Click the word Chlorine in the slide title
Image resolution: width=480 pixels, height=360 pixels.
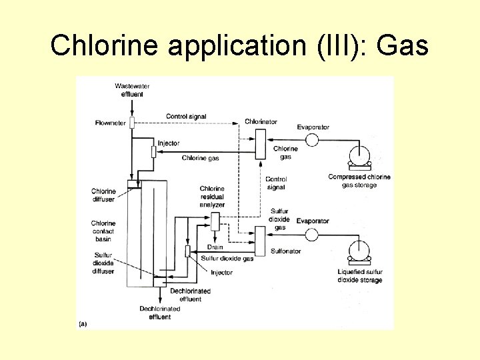[x=106, y=45]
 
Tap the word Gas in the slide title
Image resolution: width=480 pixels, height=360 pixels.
[x=403, y=45]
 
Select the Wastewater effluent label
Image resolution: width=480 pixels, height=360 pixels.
[x=132, y=90]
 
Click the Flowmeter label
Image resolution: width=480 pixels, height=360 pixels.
[x=111, y=123]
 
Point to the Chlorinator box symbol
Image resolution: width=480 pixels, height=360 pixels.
[x=260, y=143]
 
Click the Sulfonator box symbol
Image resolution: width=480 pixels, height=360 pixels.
[x=260, y=239]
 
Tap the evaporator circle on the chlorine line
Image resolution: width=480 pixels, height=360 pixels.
[x=311, y=139]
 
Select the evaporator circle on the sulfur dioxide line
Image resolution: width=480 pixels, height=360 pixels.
[x=311, y=234]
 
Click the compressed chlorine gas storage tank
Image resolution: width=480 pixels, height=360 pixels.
[x=359, y=156]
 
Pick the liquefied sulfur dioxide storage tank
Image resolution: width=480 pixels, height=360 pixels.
[x=359, y=251]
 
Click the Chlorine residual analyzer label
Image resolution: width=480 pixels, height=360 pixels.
[x=212, y=197]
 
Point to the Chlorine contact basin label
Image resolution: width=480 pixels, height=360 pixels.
[x=103, y=231]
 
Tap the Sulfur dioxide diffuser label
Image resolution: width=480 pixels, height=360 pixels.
[x=103, y=263]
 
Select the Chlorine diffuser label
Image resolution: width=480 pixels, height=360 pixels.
[x=103, y=195]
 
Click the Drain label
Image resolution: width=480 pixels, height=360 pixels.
[x=215, y=247]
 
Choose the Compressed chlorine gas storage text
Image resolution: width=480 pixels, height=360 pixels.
[x=359, y=181]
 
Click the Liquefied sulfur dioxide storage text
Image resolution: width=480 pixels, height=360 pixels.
[x=360, y=276]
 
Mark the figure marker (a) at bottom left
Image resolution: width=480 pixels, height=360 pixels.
[x=83, y=324]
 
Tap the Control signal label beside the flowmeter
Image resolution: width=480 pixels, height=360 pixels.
[x=186, y=117]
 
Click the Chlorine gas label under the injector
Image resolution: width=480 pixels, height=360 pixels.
[x=200, y=158]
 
